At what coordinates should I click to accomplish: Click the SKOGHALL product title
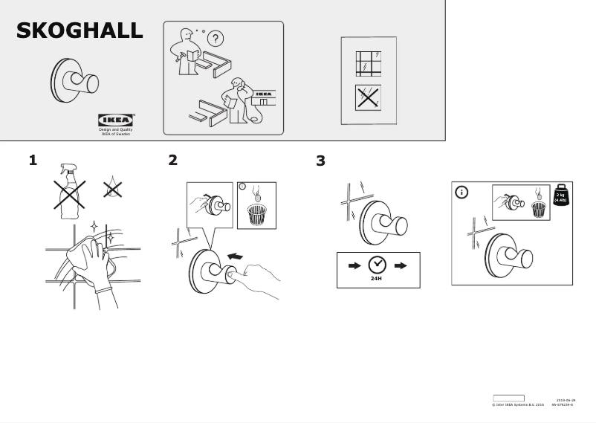(x=80, y=30)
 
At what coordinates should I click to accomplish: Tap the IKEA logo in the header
(x=116, y=120)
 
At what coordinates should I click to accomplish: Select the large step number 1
(x=33, y=160)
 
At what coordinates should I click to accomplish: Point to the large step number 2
(x=173, y=160)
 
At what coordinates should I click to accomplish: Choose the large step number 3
(x=320, y=161)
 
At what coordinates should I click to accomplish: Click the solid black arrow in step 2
(x=234, y=256)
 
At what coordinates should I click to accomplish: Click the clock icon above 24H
(x=378, y=265)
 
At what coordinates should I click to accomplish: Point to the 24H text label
(x=377, y=279)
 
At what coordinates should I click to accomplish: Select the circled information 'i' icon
(x=461, y=193)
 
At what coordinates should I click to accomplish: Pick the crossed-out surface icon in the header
(x=368, y=97)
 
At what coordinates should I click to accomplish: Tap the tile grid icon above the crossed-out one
(x=368, y=63)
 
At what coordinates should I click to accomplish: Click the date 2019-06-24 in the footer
(x=566, y=401)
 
